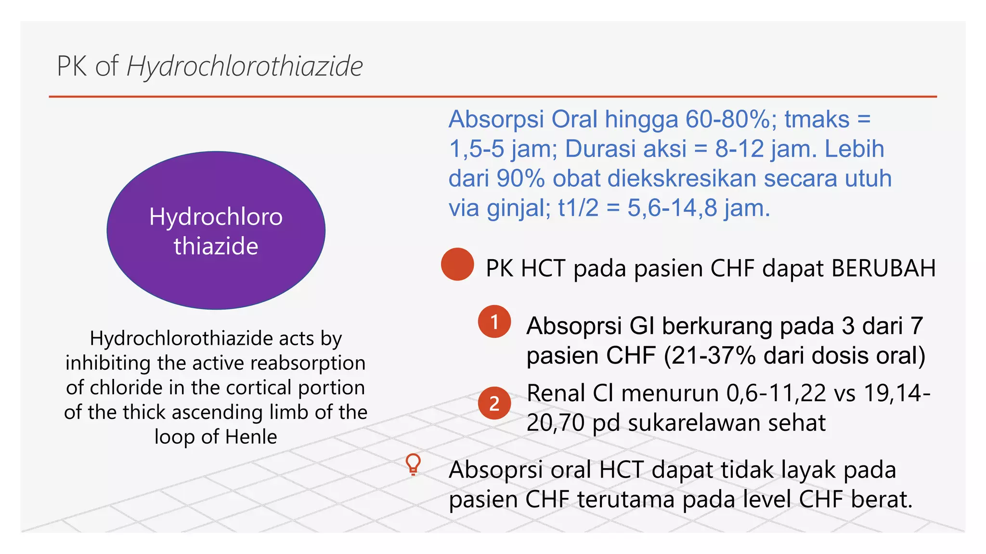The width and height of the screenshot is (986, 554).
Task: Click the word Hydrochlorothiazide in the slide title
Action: [x=245, y=66]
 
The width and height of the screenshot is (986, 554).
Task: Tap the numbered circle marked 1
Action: [x=494, y=322]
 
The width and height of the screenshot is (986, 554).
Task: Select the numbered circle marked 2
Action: [x=494, y=403]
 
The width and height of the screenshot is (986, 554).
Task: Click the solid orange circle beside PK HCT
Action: [x=457, y=264]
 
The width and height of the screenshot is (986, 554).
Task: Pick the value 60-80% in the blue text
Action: [x=727, y=119]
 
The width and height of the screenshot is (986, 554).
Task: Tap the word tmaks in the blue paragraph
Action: [x=817, y=119]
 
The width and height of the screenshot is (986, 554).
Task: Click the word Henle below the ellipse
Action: [x=251, y=437]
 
